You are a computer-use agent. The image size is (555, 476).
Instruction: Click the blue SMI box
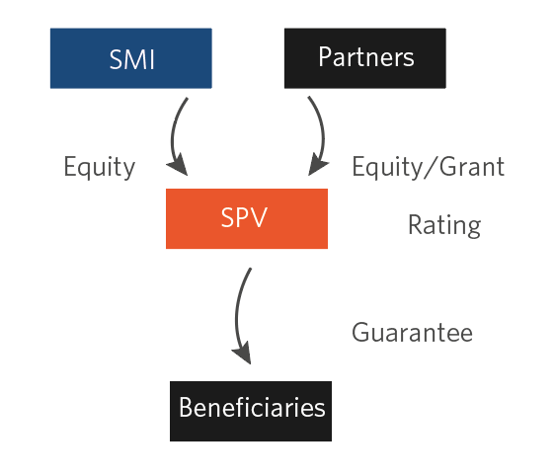[131, 58]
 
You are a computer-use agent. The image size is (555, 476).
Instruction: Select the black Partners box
[365, 58]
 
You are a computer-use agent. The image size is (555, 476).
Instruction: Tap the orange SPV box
[247, 218]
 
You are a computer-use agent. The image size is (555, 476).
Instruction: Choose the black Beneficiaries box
[251, 411]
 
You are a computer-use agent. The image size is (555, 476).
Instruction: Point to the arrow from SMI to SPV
[173, 136]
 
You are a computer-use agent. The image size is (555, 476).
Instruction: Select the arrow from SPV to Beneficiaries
[237, 315]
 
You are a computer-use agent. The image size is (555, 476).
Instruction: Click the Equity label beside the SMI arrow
[100, 167]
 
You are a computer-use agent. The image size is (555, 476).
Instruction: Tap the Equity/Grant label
[429, 167]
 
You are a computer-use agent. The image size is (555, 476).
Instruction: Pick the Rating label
[444, 225]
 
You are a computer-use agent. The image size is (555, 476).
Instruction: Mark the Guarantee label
[413, 333]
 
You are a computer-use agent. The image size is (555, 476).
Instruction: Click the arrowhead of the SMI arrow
[178, 165]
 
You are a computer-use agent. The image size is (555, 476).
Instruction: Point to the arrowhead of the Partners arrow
[318, 164]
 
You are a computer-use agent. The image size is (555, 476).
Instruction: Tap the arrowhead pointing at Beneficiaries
[243, 353]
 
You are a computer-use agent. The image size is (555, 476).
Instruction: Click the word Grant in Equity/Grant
[472, 166]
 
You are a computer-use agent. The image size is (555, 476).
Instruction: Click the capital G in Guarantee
[361, 333]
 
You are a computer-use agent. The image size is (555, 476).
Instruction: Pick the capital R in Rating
[417, 224]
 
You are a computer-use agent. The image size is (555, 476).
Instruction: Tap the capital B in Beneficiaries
[187, 407]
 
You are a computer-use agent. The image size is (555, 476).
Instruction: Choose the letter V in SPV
[258, 217]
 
